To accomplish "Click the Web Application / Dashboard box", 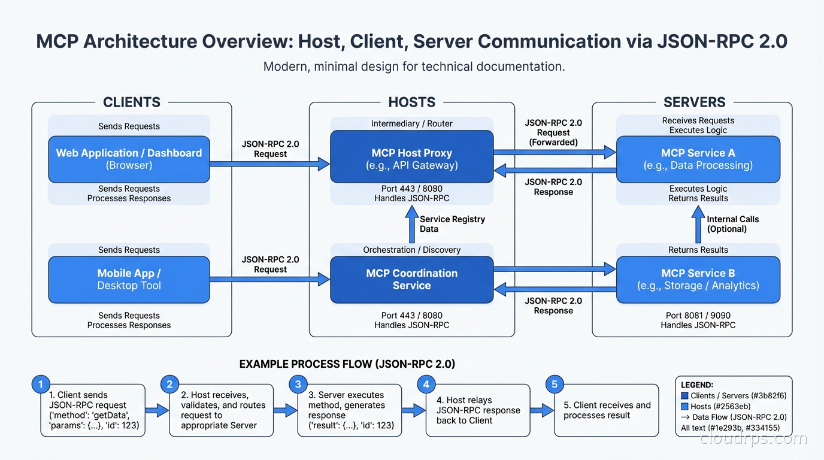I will tap(129, 159).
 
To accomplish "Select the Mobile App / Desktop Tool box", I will tap(129, 279).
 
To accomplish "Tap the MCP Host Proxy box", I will tap(412, 159).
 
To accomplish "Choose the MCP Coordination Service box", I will tap(412, 279).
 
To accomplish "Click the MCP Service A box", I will tap(698, 159).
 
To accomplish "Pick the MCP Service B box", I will tap(698, 279).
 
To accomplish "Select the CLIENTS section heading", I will tap(132, 102).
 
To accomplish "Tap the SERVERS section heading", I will tap(694, 102).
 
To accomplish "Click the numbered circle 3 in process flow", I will tap(298, 384).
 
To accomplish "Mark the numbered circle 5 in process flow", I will tap(555, 384).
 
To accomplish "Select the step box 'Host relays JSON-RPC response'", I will tap(478, 410).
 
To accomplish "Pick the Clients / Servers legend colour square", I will tap(684, 396).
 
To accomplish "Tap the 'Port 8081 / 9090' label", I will tap(698, 315).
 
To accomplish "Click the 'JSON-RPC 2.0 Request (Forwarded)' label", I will tap(553, 132).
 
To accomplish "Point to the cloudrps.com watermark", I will tap(753, 439).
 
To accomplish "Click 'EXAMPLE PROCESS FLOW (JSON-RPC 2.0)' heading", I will tap(347, 364).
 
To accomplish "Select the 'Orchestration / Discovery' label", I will tap(412, 250).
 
